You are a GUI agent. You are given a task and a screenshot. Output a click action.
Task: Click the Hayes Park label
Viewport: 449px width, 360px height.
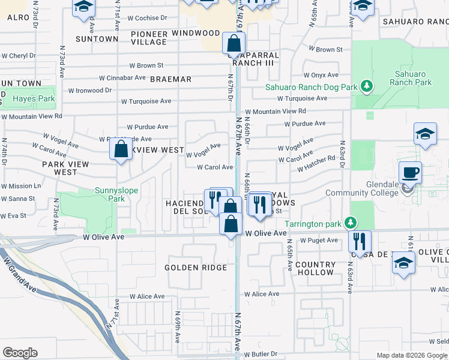34,98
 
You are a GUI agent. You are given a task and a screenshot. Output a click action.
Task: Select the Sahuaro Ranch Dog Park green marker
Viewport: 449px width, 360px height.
368,87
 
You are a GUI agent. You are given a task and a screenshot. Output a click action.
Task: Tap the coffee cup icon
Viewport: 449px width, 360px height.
410,173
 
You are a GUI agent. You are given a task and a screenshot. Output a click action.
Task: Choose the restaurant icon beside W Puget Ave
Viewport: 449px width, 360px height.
360,241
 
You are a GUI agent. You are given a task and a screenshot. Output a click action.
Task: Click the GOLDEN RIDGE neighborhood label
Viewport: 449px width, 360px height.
196,268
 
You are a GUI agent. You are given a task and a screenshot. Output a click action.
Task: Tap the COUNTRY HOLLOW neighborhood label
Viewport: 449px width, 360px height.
315,268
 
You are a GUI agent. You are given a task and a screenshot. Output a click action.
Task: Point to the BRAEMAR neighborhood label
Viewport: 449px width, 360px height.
170,79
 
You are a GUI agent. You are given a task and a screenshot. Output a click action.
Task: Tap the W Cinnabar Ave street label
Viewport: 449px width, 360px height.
122,77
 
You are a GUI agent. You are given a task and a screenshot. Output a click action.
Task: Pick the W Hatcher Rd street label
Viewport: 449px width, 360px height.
316,163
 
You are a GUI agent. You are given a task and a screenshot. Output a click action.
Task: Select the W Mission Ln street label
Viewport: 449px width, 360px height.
21,186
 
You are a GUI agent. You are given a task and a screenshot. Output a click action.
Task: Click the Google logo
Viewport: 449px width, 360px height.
20,353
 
